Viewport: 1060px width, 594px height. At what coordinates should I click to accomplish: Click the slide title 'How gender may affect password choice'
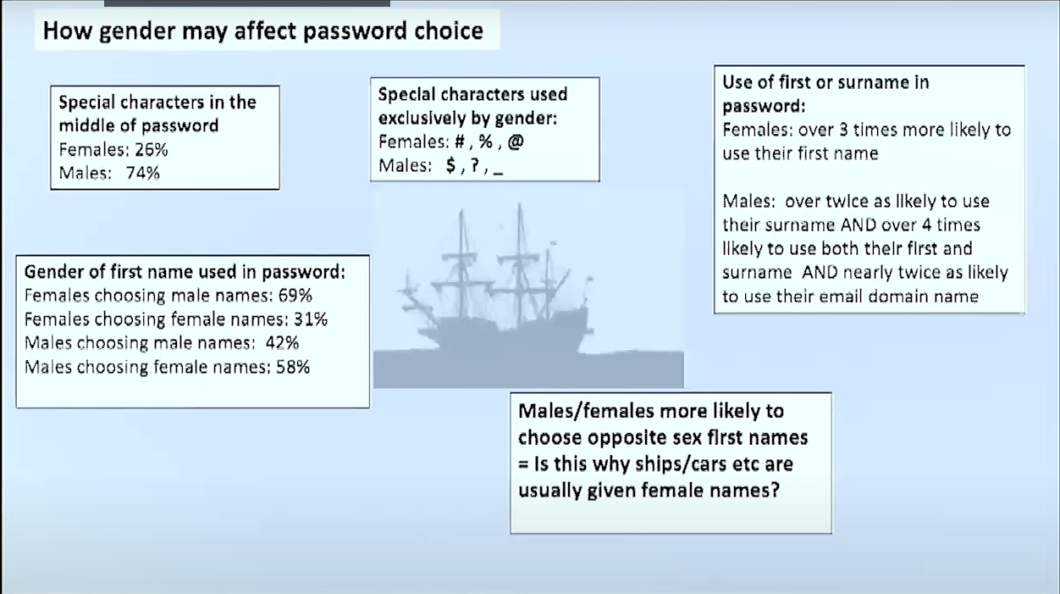pos(263,31)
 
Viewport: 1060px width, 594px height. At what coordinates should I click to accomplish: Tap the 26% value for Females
pos(151,150)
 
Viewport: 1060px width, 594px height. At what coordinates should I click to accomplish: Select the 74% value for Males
pos(142,174)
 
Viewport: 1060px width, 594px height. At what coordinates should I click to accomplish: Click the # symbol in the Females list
pos(459,142)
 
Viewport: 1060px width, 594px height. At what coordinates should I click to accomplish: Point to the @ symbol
pos(516,142)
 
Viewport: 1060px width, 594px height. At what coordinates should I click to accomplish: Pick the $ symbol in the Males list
pos(451,165)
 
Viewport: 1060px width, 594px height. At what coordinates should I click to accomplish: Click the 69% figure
pos(295,296)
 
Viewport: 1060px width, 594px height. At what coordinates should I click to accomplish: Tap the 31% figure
pos(311,319)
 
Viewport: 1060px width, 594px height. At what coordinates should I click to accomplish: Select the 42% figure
pos(282,343)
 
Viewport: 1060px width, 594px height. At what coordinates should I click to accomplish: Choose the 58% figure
pos(293,367)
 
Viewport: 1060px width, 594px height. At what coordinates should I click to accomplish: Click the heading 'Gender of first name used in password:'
pos(185,272)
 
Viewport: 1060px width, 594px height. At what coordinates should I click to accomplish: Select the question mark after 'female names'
pos(774,490)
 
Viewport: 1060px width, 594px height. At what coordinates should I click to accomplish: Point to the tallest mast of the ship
pos(520,265)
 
